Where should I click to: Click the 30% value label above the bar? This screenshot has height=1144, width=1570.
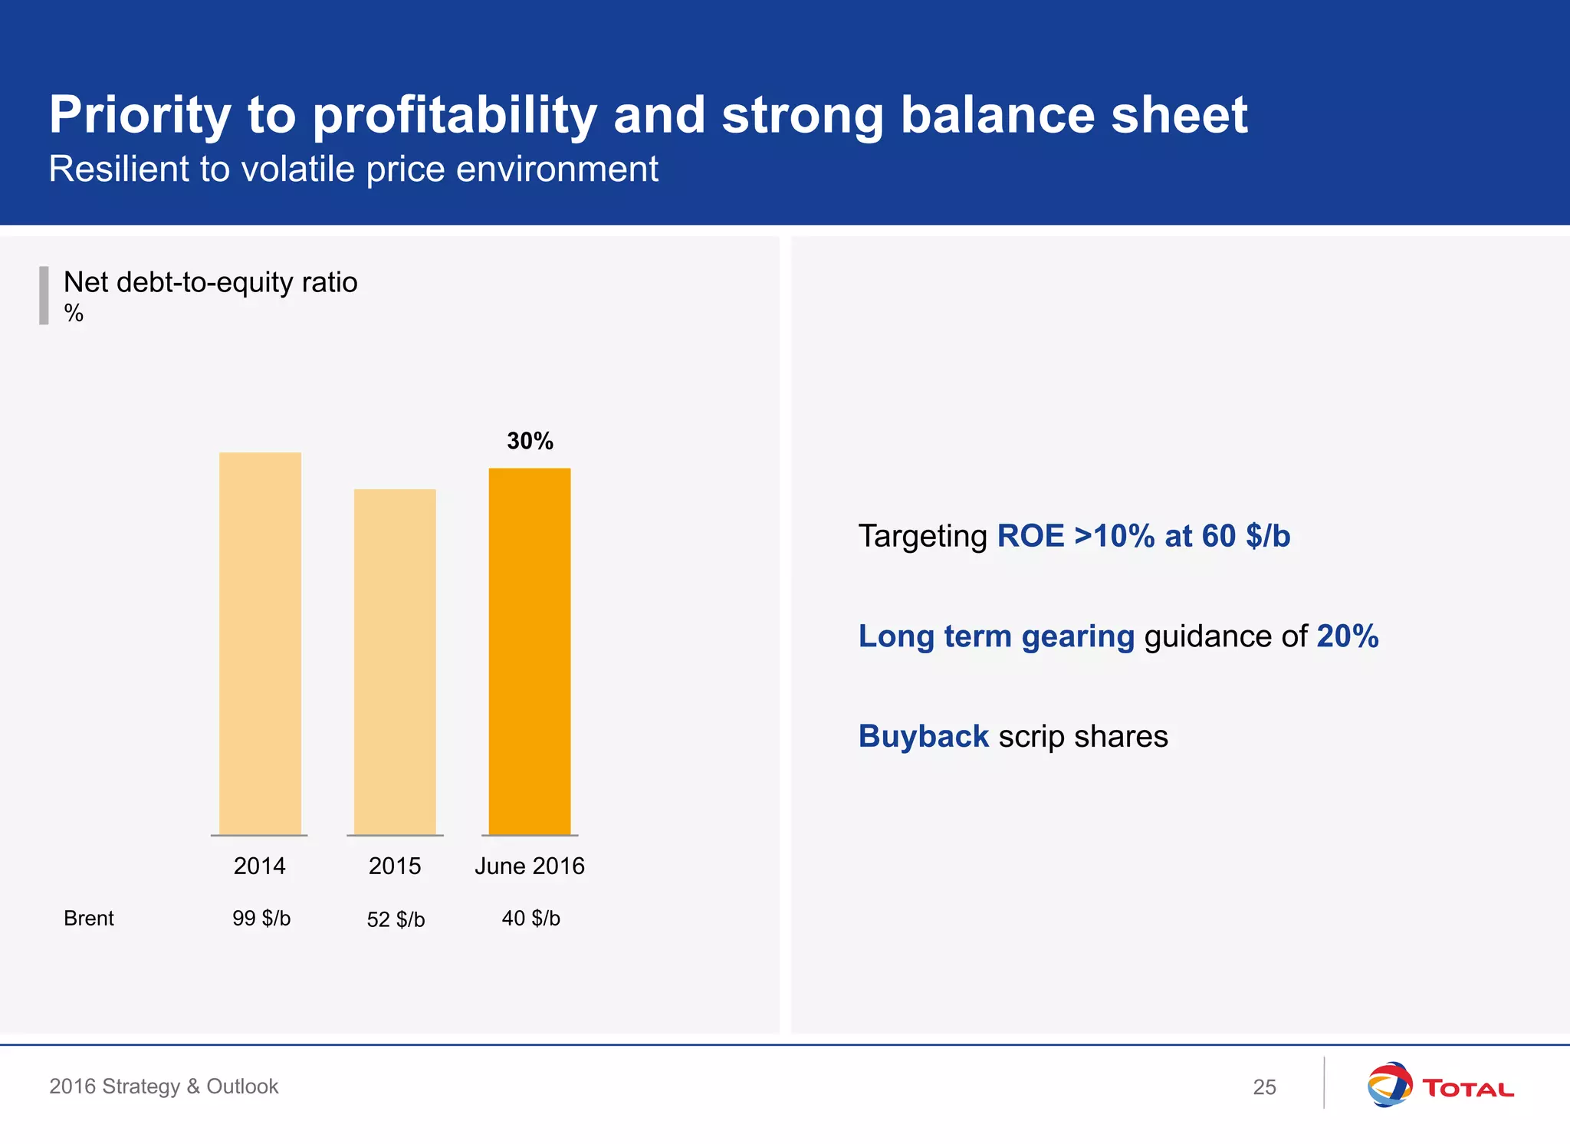[x=530, y=441]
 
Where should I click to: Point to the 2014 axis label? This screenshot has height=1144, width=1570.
[x=260, y=866]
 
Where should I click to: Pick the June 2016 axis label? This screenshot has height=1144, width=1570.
[x=530, y=866]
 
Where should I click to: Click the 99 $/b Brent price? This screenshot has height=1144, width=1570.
[x=261, y=918]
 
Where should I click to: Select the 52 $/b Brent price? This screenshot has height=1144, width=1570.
[x=396, y=919]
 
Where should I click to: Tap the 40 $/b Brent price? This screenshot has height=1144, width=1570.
[x=530, y=918]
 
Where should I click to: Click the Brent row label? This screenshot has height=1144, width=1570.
[x=89, y=918]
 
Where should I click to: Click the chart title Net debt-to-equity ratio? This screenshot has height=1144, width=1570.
[x=210, y=282]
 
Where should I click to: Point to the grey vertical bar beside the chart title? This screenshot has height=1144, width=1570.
[x=44, y=295]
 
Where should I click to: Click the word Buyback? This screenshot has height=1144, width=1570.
[x=923, y=736]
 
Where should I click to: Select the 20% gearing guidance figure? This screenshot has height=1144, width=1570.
[x=1347, y=636]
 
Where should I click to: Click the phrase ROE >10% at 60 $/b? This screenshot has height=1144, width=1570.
[x=1143, y=536]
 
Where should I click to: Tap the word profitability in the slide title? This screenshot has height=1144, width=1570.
[x=454, y=115]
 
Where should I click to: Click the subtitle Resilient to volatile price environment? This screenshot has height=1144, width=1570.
[x=353, y=169]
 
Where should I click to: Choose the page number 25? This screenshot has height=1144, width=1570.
[x=1264, y=1086]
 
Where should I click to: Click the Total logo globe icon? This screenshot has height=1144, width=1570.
[x=1389, y=1084]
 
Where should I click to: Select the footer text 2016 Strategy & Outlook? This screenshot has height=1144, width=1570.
[x=164, y=1086]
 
